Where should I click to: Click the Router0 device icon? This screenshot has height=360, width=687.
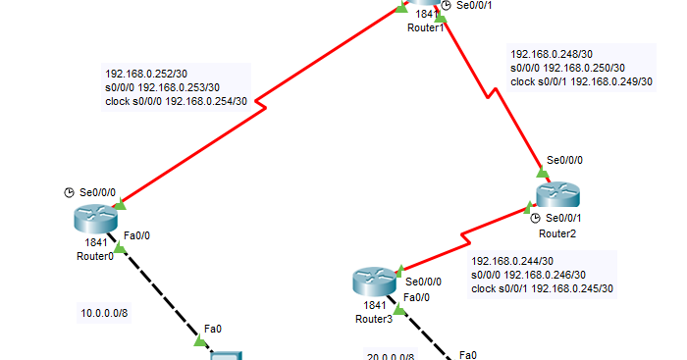point(94,221)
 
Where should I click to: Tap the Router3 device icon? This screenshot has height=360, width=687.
point(373,284)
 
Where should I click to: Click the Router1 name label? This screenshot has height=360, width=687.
point(426,27)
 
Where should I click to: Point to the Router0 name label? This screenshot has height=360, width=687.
point(95,256)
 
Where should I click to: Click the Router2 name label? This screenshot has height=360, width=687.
point(557,232)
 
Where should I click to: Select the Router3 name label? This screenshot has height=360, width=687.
point(374,319)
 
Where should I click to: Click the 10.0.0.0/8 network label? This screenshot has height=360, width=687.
point(105,314)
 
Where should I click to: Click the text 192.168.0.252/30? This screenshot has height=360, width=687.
point(147,74)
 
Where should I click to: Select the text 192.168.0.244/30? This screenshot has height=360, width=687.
point(513,261)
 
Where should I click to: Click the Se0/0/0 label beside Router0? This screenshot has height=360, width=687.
point(97,192)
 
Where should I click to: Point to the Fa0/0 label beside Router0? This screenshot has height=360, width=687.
point(135,235)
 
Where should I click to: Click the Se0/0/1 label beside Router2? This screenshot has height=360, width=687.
point(563,218)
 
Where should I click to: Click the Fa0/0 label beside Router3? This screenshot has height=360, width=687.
point(416,297)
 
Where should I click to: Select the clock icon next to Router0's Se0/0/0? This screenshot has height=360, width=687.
point(69,192)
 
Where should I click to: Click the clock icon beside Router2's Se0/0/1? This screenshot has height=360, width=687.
point(536,218)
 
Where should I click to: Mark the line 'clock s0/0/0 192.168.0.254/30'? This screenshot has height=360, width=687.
point(176,101)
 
